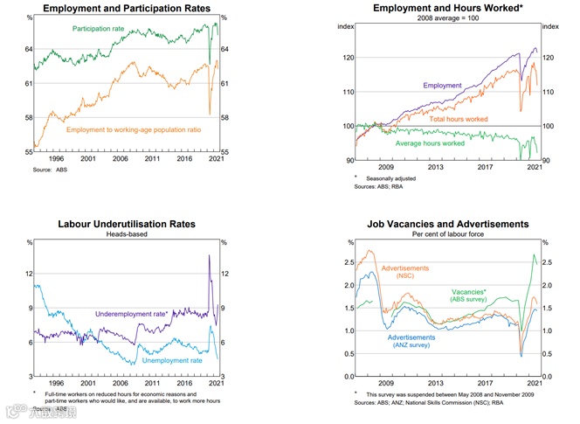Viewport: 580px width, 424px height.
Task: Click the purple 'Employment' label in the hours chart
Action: point(442,86)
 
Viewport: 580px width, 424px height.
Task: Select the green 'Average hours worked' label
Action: point(431,143)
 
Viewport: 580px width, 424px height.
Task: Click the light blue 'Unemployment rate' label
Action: point(173,360)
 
